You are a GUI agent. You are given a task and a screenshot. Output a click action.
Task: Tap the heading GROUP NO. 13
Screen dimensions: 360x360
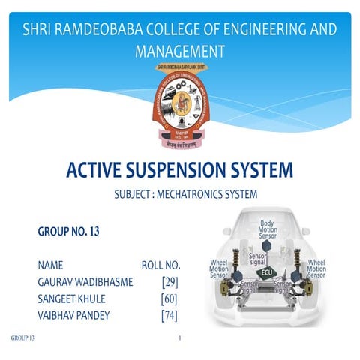[x=68, y=232]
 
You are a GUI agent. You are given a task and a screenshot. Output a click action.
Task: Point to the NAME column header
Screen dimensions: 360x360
[x=50, y=265]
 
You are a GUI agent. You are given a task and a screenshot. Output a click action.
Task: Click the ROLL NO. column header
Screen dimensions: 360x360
[x=161, y=265]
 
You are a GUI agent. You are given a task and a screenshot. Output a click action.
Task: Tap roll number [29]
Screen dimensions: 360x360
[x=169, y=281]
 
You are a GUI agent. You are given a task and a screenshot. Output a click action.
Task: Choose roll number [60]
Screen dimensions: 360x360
[x=169, y=298]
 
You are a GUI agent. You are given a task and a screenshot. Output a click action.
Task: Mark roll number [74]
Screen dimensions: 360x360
[x=169, y=314]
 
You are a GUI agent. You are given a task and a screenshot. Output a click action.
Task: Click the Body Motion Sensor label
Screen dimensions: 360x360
[x=268, y=229]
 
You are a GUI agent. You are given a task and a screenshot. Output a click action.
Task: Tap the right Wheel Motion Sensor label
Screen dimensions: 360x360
[x=316, y=269]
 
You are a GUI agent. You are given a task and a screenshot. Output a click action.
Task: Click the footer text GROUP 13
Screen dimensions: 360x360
[x=22, y=338]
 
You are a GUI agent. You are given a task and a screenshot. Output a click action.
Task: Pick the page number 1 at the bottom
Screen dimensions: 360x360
[x=180, y=338]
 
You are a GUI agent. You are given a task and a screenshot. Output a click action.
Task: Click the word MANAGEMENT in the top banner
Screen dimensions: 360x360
[x=180, y=52]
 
